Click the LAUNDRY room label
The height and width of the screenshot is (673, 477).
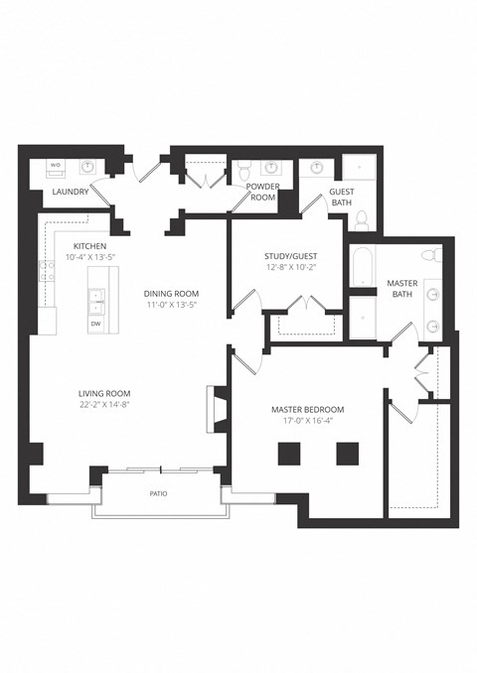[70, 192]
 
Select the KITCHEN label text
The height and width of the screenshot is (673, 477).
[89, 246]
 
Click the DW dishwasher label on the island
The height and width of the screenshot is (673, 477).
[95, 324]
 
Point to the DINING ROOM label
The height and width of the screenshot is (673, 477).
[171, 294]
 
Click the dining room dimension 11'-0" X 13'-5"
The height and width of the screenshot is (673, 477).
[171, 305]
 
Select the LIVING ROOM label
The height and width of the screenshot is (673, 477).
[104, 393]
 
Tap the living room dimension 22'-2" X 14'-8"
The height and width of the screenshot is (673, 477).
[104, 404]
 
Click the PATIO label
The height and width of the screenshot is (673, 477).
[158, 493]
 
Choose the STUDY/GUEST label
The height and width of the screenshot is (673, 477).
[291, 256]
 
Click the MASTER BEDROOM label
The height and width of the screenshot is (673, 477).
[308, 410]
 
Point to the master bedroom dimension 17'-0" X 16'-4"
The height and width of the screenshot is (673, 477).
[308, 421]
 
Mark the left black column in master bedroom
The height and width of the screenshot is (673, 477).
[289, 454]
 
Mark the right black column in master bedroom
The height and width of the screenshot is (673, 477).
[348, 454]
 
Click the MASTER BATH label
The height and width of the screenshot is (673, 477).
[402, 289]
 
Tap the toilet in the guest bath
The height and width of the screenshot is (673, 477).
[362, 220]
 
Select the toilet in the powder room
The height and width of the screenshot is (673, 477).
[244, 171]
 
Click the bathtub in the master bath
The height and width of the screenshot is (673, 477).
[364, 266]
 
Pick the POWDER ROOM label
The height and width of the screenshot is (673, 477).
[263, 192]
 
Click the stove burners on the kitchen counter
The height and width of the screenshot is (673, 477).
[48, 271]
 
